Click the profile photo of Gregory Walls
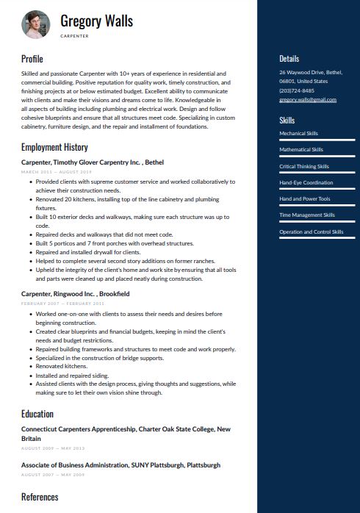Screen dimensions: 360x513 point(35,24)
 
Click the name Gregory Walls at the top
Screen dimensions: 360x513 point(96,21)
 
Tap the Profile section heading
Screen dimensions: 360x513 point(32,59)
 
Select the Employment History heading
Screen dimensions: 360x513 point(54,147)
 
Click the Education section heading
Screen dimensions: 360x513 point(37,414)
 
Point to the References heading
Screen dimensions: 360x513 point(40,497)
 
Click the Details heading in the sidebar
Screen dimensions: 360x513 point(289,59)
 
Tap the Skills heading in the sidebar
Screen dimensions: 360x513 point(287,120)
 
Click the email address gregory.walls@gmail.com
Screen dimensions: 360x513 point(307,99)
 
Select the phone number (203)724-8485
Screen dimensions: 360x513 point(296,90)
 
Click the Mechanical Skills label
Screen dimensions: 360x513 point(298,134)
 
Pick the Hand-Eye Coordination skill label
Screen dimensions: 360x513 point(306,182)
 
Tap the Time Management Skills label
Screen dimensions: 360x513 point(306,215)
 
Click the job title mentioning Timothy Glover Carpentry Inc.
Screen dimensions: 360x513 point(93,162)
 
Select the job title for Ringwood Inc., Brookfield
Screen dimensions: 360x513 point(75,294)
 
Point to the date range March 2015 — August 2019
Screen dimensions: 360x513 point(56,171)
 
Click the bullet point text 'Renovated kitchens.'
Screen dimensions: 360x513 point(61,366)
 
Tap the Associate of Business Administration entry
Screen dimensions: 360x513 point(120,465)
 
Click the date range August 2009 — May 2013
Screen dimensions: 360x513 point(53,448)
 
